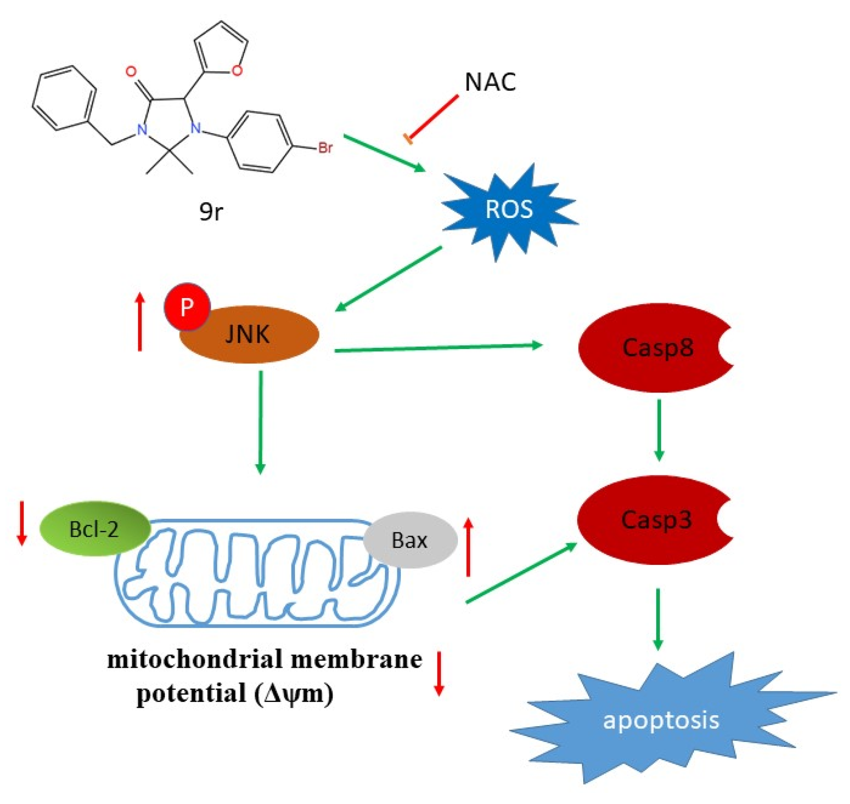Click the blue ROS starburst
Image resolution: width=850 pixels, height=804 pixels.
[x=509, y=210]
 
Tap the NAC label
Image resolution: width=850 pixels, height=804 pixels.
[x=490, y=82]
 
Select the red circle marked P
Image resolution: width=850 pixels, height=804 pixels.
[x=187, y=307]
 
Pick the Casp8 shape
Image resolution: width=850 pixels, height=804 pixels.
[x=650, y=348]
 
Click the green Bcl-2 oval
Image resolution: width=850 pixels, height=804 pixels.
[x=94, y=529]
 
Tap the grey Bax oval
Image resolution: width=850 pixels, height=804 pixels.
[x=410, y=540]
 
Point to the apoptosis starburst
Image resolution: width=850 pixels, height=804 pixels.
[x=661, y=721]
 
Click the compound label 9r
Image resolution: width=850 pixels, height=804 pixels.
[x=211, y=212]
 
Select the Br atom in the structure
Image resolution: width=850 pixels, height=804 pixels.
[x=325, y=148]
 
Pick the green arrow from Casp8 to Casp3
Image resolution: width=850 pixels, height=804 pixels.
[x=658, y=429]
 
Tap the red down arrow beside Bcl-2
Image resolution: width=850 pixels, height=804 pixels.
[x=22, y=524]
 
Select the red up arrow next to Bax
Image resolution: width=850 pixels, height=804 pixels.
[x=468, y=547]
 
